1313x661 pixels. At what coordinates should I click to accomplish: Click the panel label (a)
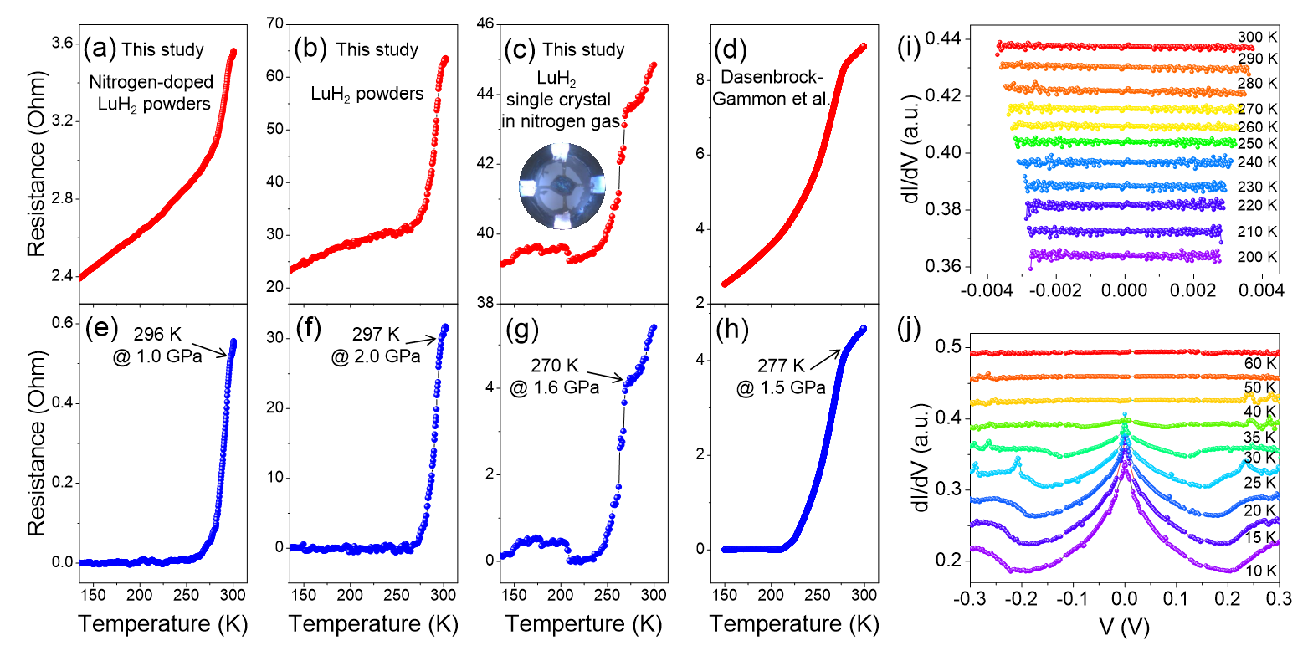100,49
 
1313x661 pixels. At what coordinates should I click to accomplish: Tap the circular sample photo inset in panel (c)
562,186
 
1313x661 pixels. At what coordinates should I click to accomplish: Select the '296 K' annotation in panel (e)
158,335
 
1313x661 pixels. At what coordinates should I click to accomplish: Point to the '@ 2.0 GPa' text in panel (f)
376,356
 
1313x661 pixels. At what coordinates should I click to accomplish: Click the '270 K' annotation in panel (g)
555,366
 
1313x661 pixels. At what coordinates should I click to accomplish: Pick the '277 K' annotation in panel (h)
781,366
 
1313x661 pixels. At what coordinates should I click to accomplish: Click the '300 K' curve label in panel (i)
1257,38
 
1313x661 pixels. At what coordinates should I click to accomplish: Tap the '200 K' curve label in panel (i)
1257,257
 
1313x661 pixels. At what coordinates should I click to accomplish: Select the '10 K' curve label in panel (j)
1260,571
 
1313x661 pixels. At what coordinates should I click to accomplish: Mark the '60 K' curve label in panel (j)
1260,363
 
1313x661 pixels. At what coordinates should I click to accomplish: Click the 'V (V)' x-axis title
1124,626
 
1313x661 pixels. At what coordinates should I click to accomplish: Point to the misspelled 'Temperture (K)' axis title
583,624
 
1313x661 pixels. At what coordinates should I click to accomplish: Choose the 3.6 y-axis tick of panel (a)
62,44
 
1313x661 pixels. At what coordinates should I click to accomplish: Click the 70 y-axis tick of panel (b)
275,23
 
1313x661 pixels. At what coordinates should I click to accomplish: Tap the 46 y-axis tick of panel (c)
485,23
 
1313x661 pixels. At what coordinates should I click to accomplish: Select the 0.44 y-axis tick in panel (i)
942,38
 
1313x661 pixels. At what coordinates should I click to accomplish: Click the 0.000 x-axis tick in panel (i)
1124,290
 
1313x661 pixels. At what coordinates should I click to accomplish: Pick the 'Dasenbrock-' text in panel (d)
772,77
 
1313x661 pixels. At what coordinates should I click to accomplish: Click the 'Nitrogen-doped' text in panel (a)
151,82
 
